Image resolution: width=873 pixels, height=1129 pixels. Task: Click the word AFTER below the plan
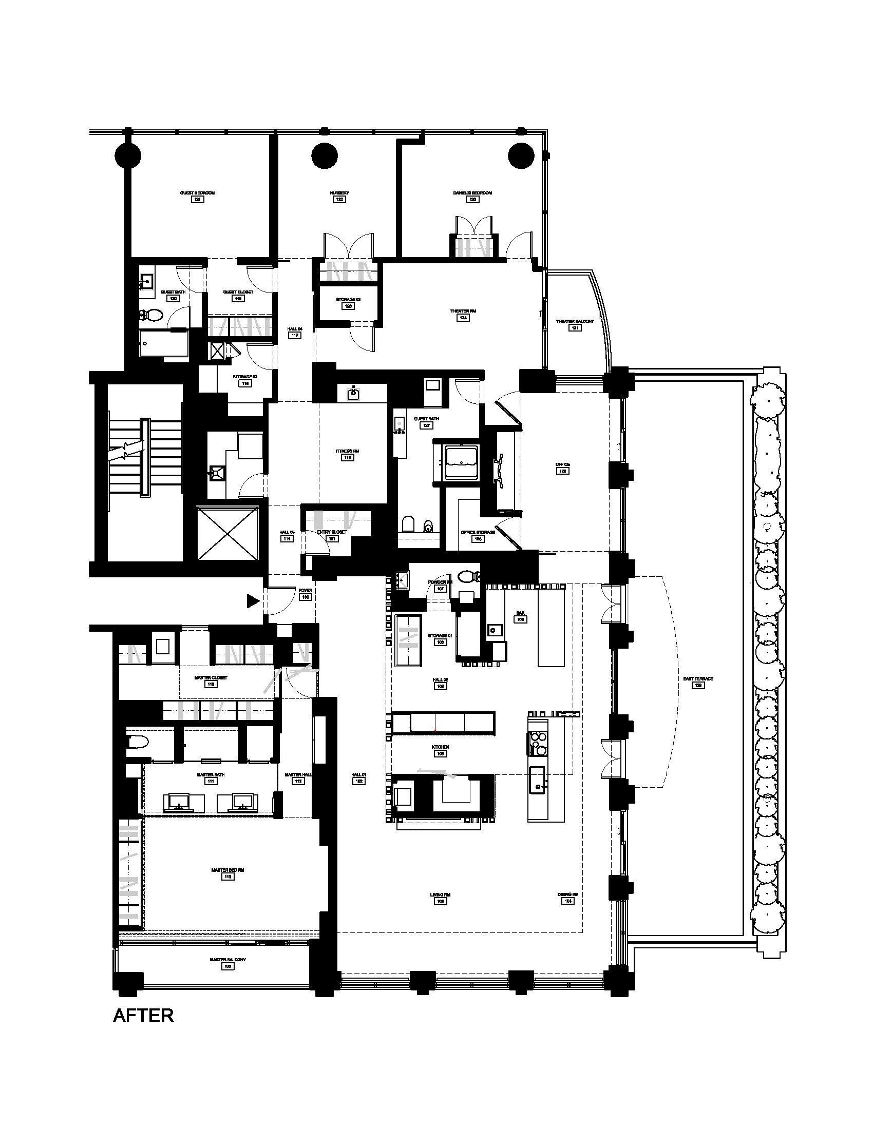point(143,1016)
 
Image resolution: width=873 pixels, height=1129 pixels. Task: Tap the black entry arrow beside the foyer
point(253,601)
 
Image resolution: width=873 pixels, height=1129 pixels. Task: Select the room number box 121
point(197,200)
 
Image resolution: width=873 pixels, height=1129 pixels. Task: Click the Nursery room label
point(339,193)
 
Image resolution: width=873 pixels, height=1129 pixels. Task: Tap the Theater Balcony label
point(575,321)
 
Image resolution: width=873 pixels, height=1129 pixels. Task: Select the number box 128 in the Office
point(562,471)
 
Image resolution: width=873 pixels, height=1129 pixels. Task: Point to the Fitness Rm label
point(347,451)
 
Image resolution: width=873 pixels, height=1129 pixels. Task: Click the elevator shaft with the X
point(227,533)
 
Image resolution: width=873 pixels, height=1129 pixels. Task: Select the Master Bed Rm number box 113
point(227,877)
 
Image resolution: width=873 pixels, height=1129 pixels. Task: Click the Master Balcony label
point(227,960)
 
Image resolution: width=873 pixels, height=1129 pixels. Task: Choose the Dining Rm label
point(567,894)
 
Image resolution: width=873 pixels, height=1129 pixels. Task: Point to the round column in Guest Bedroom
point(127,154)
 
